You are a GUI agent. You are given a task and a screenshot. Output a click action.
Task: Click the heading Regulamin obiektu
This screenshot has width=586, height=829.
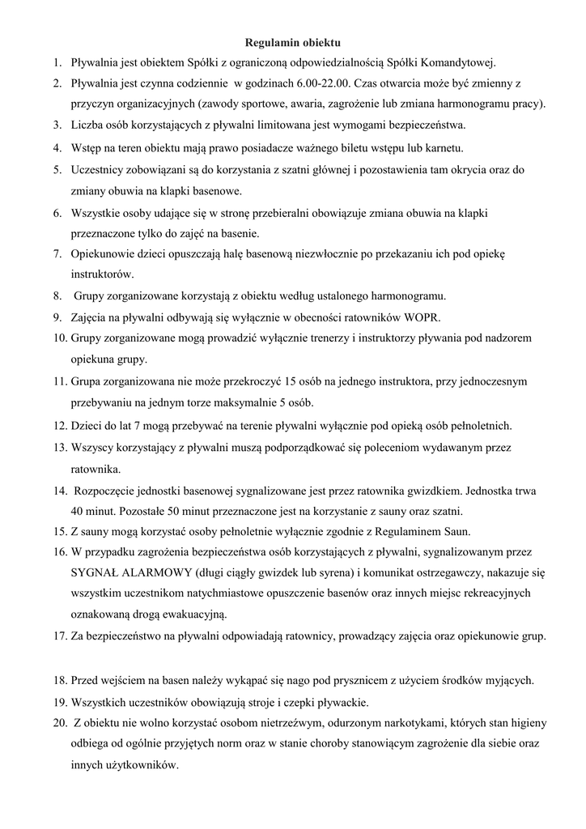click(293, 40)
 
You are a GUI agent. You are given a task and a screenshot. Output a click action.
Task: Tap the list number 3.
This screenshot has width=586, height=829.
click(58, 125)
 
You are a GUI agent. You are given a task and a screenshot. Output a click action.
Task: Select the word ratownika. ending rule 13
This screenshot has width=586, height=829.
click(96, 469)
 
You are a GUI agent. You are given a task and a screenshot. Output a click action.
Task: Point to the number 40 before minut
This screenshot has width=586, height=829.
click(78, 511)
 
